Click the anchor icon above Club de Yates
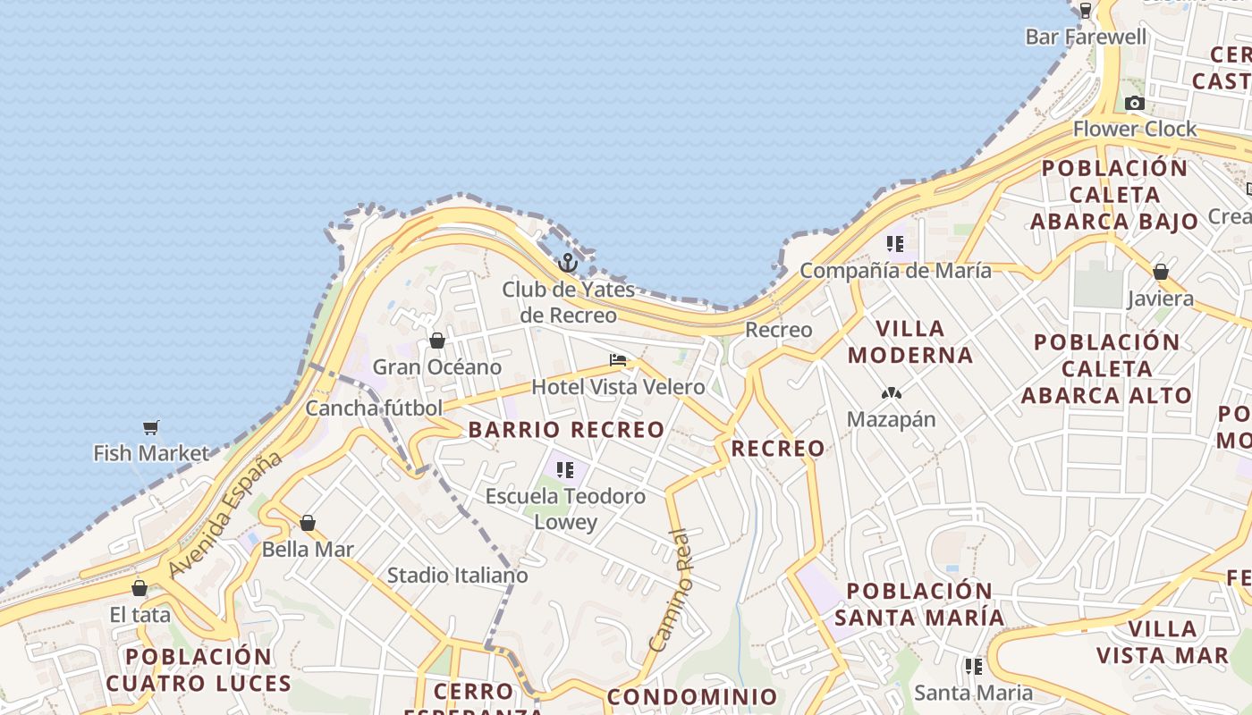567,263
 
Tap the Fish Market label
151,453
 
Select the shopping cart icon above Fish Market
151,428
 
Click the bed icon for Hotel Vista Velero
618,360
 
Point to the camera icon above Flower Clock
1135,103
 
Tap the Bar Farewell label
1086,37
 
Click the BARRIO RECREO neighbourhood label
567,430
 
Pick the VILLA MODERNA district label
910,342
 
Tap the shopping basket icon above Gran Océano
437,341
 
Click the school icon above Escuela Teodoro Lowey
564,469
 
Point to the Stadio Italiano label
458,576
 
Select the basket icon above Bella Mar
308,523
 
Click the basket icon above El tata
140,588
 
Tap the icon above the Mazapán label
891,393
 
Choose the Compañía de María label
895,270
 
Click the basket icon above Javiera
1161,272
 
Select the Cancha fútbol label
374,408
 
